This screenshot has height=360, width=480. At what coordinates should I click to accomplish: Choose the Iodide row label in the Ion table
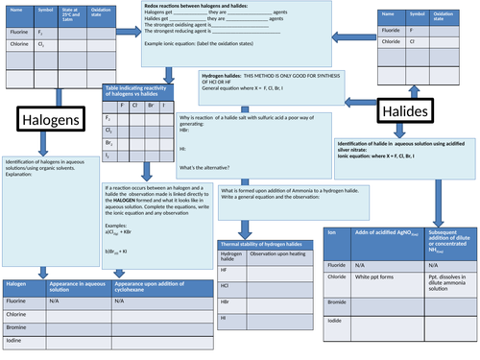click(338, 321)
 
